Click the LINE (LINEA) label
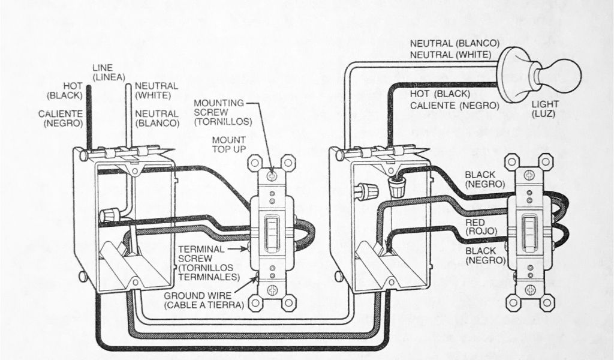click(x=109, y=72)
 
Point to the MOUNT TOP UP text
click(x=229, y=144)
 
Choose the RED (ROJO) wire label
click(x=480, y=227)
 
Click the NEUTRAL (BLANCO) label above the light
click(x=455, y=44)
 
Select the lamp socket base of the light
click(x=516, y=74)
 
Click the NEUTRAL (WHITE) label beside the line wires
click(x=156, y=90)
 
